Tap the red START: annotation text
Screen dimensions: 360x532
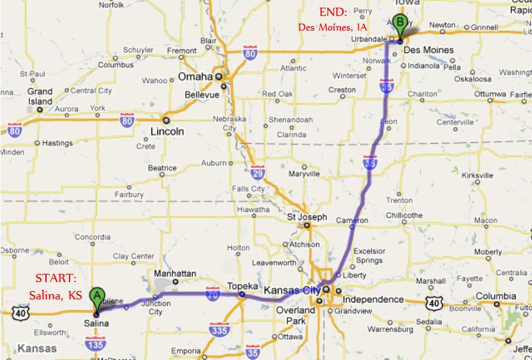tap(56, 278)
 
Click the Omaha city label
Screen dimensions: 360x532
tap(195, 76)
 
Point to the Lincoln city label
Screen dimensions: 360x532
tap(167, 131)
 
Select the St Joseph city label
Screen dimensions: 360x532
tap(307, 217)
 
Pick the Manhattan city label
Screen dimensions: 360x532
tap(175, 273)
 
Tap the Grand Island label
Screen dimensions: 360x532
tap(40, 96)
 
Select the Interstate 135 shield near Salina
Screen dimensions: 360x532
tap(93, 345)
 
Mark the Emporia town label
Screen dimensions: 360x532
tap(186, 350)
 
